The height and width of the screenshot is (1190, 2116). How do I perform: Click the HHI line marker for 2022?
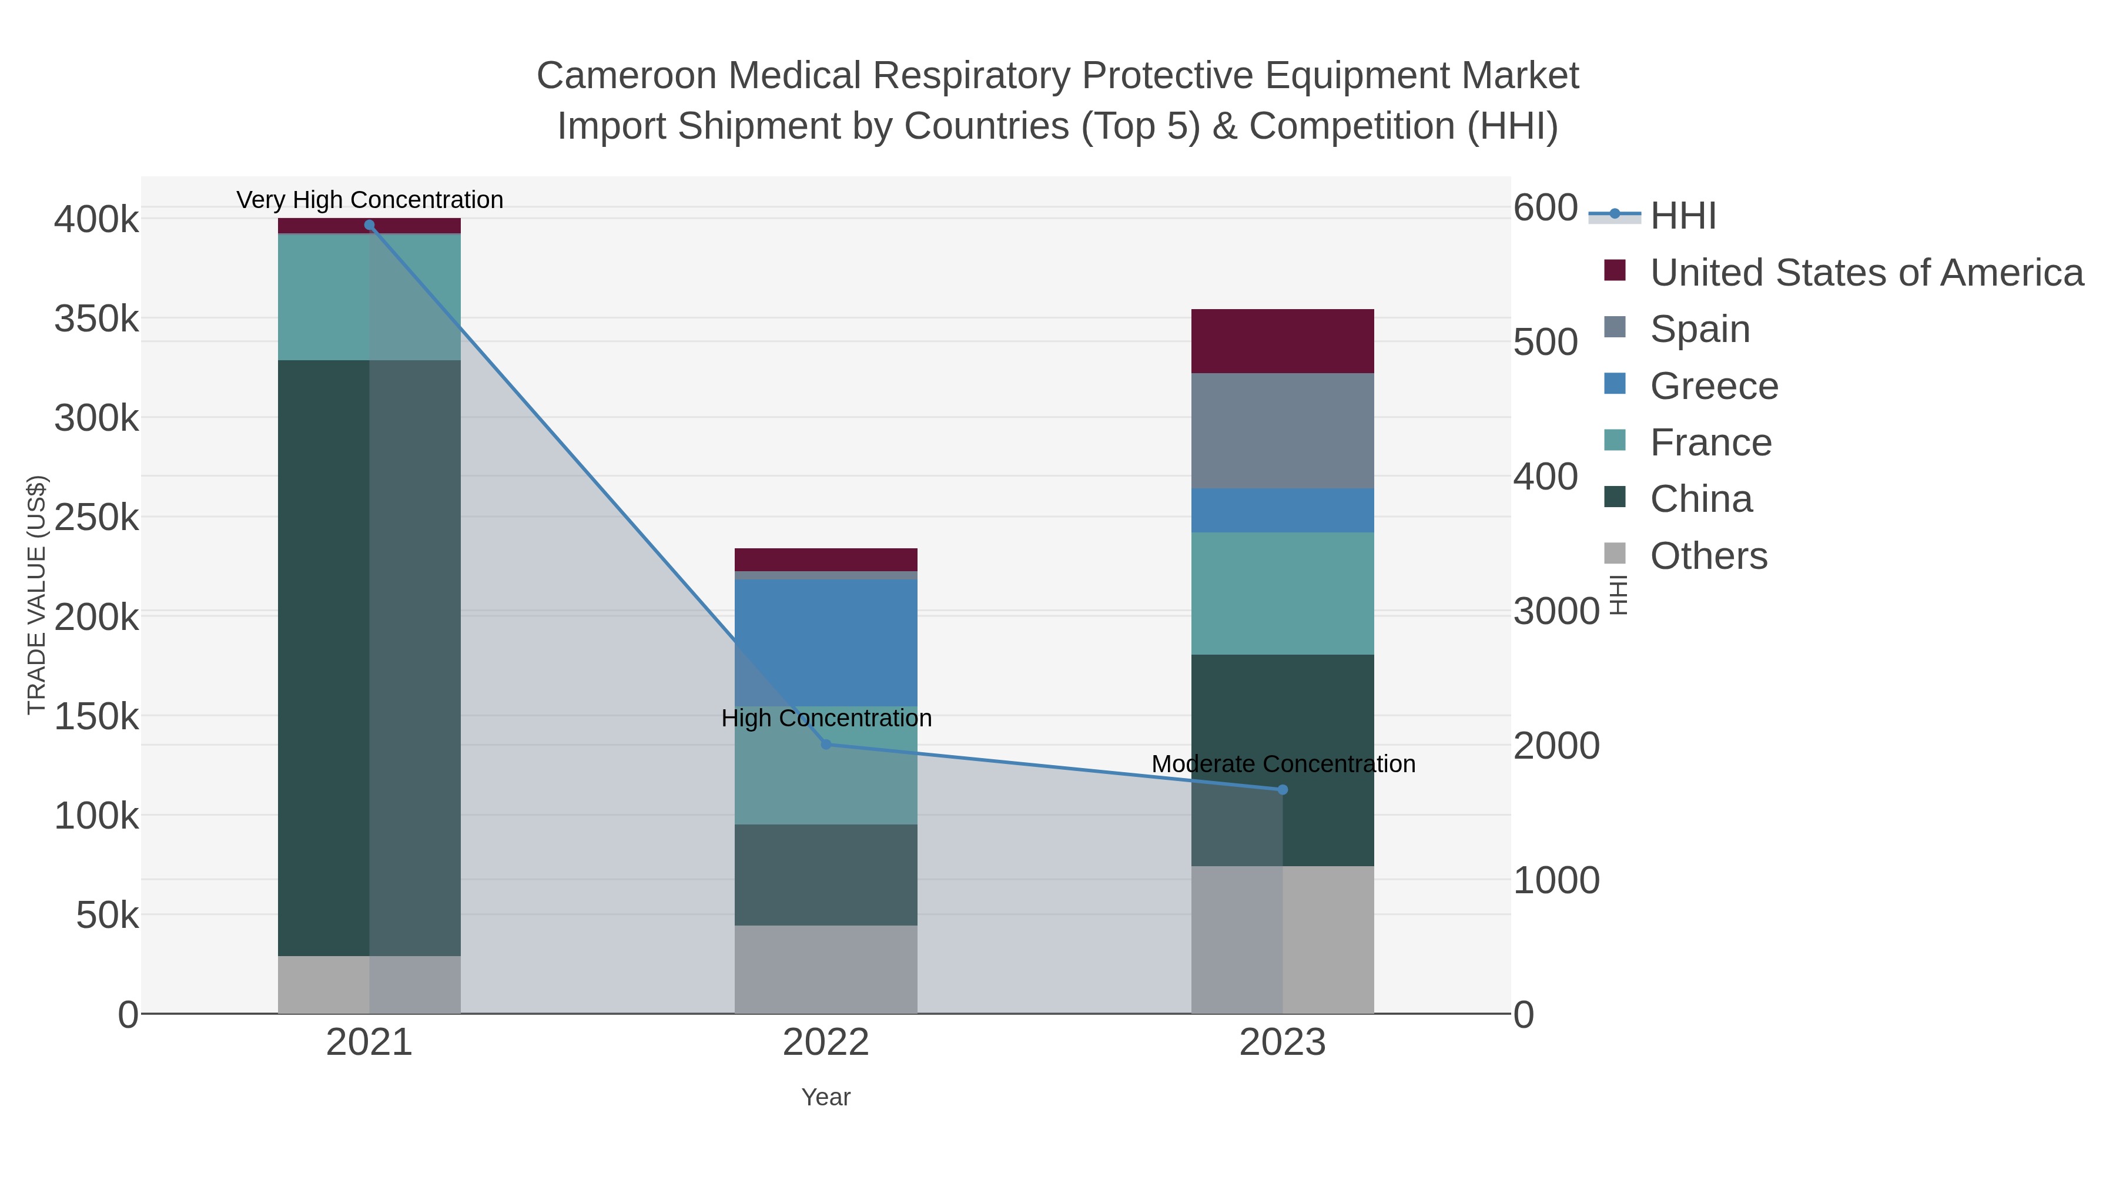tap(826, 744)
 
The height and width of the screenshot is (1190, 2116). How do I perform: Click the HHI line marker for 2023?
tap(1283, 789)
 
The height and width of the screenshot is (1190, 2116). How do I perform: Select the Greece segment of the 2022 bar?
tap(826, 642)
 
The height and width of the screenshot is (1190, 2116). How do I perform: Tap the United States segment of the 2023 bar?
tap(1283, 341)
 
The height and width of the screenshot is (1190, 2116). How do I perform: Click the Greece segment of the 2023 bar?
tap(1283, 510)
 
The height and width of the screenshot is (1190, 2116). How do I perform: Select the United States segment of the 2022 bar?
tap(826, 559)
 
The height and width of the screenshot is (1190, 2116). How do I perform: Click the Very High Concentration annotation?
tap(370, 200)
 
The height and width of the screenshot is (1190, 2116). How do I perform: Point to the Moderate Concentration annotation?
tap(1283, 764)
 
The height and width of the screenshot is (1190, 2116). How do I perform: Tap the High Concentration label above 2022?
tap(826, 718)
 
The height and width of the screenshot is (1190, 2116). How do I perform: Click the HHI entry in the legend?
tap(1682, 215)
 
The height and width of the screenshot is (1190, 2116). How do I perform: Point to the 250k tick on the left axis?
tap(97, 517)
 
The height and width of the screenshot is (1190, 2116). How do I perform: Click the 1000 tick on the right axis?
tap(1556, 880)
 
